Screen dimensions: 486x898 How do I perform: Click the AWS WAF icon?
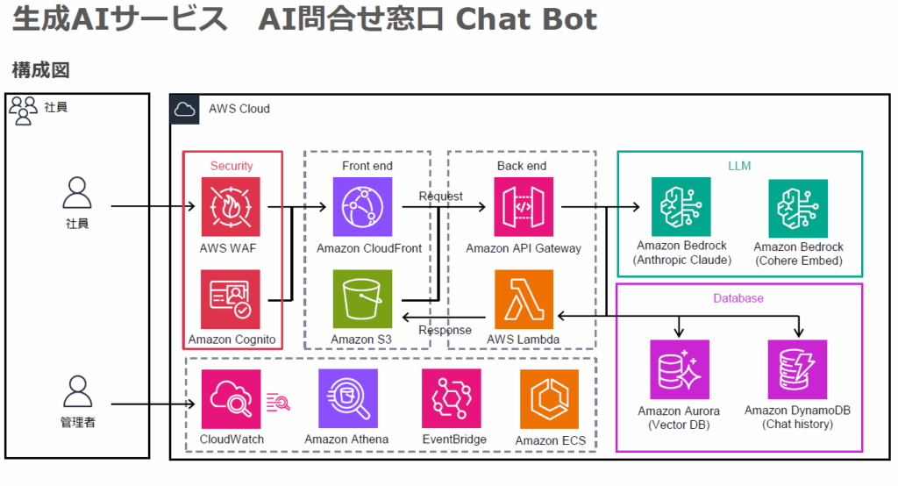tap(231, 207)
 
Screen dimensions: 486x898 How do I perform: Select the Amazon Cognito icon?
tap(231, 299)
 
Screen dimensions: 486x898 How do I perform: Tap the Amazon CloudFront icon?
tap(362, 207)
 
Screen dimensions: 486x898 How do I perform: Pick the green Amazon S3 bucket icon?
tap(362, 299)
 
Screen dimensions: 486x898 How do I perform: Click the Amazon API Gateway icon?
tap(524, 207)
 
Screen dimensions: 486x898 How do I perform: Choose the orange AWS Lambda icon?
tap(524, 299)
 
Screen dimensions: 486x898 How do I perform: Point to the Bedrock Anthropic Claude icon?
tap(681, 207)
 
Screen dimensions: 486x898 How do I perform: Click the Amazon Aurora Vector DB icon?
tap(679, 369)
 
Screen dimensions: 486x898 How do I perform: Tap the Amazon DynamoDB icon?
tap(797, 369)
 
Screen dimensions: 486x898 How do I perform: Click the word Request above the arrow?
tap(440, 196)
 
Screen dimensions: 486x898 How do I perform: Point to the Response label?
tap(445, 331)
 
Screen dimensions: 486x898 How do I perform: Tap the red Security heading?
tap(232, 166)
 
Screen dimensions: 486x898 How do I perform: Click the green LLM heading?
tap(739, 165)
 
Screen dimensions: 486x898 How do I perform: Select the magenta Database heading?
tap(738, 298)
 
